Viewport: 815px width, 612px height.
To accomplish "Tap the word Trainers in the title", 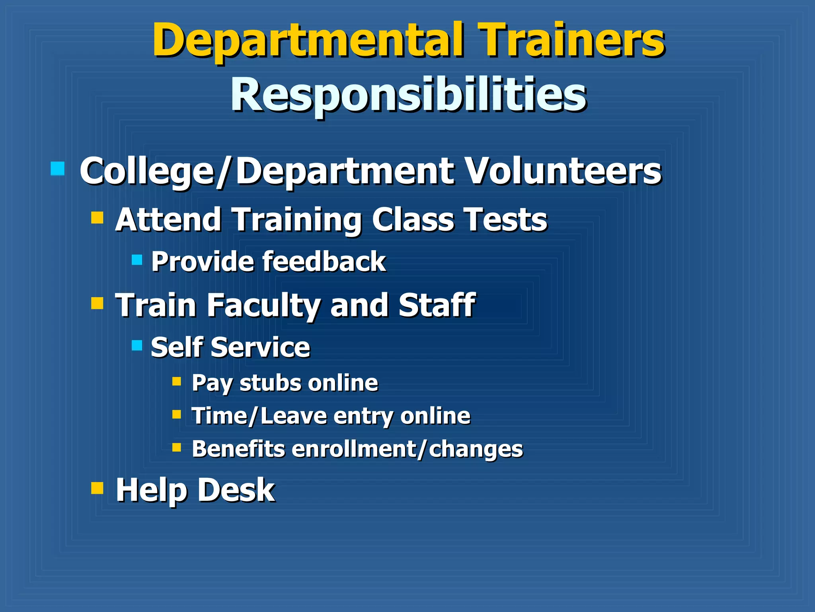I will point(571,40).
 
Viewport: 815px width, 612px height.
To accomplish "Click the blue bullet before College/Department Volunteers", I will point(58,169).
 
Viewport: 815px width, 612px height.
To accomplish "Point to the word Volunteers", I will point(563,171).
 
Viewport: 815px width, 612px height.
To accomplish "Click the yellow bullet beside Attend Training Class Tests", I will point(97,218).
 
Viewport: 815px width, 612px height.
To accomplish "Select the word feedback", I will point(324,262).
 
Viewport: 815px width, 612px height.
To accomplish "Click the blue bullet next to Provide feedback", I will point(137,260).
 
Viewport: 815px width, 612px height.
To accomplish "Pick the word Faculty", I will point(263,305).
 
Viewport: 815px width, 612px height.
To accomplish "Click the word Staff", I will point(437,305).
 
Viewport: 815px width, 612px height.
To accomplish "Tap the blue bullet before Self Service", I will point(137,345).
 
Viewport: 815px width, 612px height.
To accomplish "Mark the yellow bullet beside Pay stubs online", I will point(177,382).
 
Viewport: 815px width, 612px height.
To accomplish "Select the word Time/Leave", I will point(259,416).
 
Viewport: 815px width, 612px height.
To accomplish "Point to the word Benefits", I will point(238,449).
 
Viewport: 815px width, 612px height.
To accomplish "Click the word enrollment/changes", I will point(407,450).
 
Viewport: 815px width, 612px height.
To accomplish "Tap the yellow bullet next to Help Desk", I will point(97,488).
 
